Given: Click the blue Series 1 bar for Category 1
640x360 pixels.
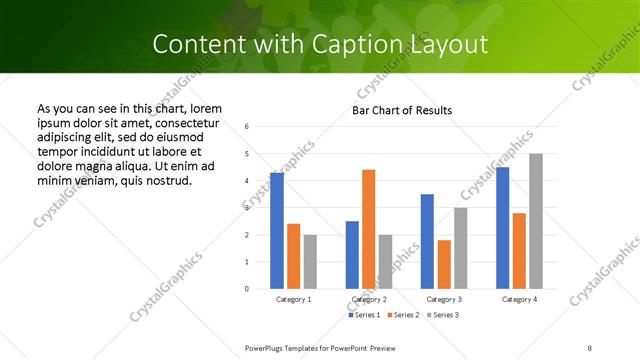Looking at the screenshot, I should coord(277,231).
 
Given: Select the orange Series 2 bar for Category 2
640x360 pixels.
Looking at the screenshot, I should coord(368,229).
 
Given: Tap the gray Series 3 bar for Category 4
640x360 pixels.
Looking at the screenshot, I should coord(536,221).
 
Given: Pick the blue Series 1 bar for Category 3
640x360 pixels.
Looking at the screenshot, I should coord(427,241).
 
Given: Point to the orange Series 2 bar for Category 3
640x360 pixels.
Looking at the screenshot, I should coord(444,264).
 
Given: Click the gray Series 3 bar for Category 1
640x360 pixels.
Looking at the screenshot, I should coord(310,262).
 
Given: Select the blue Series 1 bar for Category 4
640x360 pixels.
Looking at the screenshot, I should coord(503,228).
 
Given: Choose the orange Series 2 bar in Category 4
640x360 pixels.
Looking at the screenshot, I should coord(519,251).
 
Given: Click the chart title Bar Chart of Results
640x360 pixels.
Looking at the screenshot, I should coord(402,110).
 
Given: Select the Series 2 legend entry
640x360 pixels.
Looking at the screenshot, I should coord(401,315).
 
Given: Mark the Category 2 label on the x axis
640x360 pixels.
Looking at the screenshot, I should coord(369,299).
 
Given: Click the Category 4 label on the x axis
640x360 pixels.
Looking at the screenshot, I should coord(519,299).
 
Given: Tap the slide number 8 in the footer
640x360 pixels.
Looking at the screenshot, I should coord(589,347).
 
